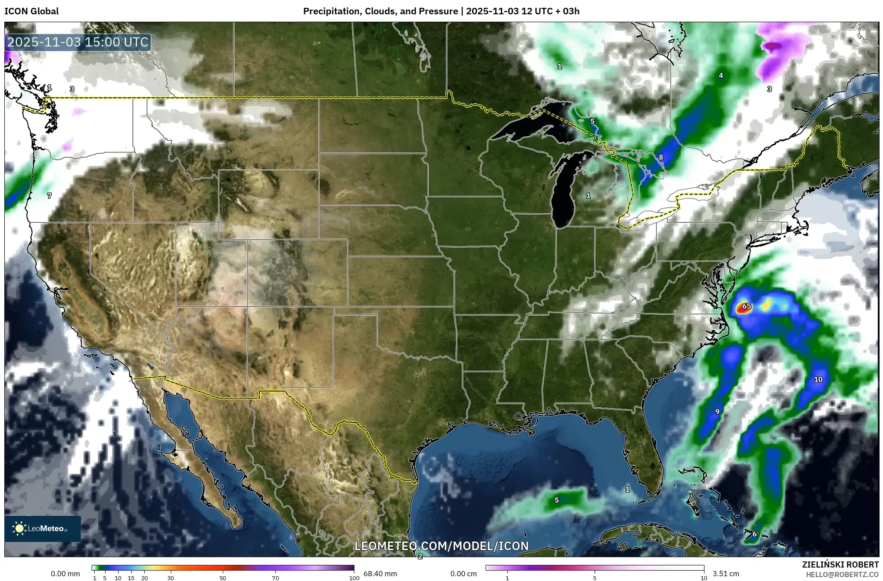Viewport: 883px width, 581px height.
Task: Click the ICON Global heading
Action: [x=31, y=11]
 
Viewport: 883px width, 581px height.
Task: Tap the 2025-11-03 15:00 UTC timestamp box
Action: [x=78, y=42]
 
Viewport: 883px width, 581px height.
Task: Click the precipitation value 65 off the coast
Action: [x=746, y=306]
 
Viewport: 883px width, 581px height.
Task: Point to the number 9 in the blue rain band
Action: [x=717, y=412]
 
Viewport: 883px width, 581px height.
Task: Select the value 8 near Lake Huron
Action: [x=661, y=157]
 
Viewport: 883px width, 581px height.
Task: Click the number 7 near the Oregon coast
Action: [x=49, y=196]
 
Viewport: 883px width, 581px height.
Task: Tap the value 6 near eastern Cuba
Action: [x=754, y=534]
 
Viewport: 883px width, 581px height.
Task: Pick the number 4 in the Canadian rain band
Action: [x=721, y=76]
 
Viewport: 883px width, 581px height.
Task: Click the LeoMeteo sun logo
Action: [x=19, y=528]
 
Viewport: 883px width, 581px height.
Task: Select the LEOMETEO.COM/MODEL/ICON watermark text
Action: [x=441, y=546]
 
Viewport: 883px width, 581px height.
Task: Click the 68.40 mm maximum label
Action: [x=380, y=574]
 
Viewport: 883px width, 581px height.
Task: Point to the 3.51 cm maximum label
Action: [x=726, y=574]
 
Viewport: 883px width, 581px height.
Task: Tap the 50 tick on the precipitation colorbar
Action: [x=223, y=578]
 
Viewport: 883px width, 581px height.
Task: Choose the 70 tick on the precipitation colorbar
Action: [x=275, y=578]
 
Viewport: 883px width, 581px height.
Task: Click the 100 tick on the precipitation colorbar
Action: [x=354, y=578]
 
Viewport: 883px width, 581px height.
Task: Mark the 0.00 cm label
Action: [x=463, y=574]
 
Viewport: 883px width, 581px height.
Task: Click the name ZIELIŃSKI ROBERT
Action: [x=840, y=564]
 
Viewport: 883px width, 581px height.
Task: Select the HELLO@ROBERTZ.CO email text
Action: [x=842, y=574]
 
